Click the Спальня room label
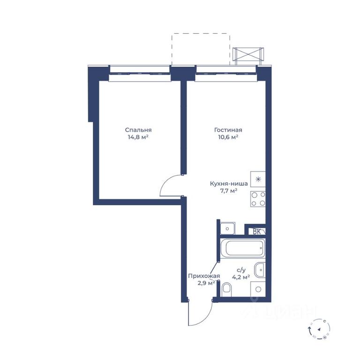pos(138,130)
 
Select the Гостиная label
pos(228,130)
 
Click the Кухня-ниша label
pos(229,184)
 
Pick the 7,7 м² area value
pos(228,191)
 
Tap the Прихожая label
pos(204,276)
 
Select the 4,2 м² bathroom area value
pos(241,277)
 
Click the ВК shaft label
pos(256,232)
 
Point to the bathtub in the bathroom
pos(242,248)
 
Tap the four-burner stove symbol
pos(258,199)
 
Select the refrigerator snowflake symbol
pos(258,180)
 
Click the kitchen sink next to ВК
pos(227,228)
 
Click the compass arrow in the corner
pos(319,329)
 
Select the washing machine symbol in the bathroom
pos(258,289)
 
